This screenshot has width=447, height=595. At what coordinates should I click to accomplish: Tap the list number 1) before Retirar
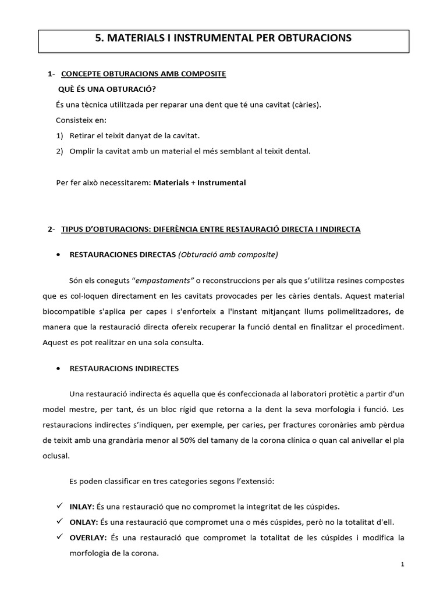coord(59,135)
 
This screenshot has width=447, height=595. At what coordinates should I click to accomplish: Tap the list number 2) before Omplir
coord(59,151)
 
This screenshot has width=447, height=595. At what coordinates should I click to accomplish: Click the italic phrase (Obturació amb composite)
coord(228,254)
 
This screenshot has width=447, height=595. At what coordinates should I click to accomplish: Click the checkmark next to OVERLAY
coord(59,537)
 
